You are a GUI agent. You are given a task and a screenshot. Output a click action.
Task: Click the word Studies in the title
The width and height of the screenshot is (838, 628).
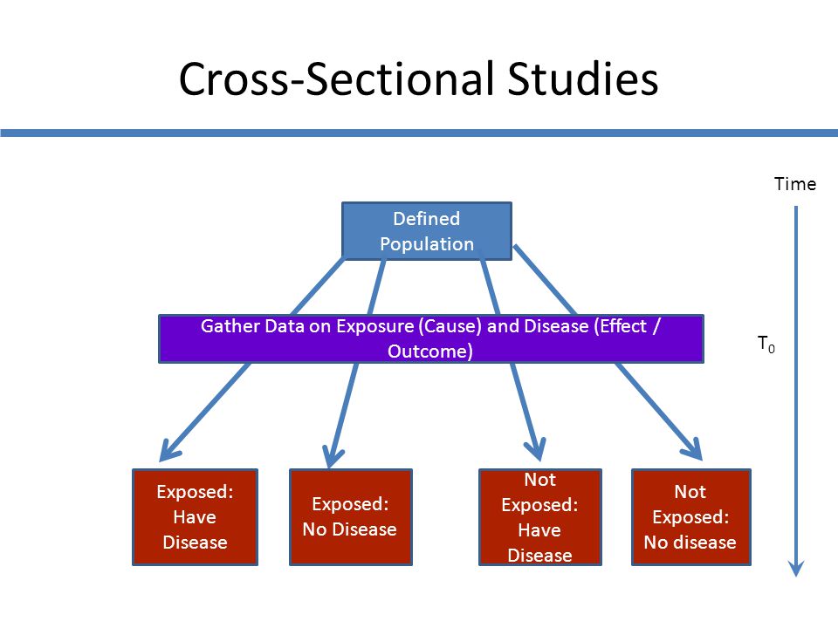tap(582, 79)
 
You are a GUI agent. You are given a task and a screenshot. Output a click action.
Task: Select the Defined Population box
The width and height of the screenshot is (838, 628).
tap(427, 231)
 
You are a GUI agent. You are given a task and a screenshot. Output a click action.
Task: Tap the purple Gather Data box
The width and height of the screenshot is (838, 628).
tap(430, 339)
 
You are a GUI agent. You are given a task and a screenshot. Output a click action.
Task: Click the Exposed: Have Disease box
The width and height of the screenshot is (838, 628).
tap(195, 517)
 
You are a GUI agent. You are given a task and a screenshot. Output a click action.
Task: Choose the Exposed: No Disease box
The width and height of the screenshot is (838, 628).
tap(351, 517)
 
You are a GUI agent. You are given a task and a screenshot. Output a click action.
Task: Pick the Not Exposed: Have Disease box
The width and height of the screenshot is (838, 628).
tap(539, 517)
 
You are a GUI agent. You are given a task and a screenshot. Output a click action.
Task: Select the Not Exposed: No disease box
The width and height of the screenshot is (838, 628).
tap(691, 517)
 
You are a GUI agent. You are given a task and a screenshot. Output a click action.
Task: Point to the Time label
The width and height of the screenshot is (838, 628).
tap(795, 184)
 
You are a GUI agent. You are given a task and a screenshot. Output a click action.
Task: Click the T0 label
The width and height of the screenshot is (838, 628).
tap(766, 344)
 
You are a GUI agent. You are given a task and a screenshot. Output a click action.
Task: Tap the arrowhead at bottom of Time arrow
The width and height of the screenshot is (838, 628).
tap(796, 570)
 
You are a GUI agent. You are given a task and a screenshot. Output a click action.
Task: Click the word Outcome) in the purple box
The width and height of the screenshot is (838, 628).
tap(430, 352)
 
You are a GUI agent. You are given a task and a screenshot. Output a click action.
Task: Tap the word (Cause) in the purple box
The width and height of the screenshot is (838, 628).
tap(450, 326)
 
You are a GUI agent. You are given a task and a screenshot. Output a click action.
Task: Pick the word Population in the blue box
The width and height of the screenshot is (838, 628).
tap(427, 244)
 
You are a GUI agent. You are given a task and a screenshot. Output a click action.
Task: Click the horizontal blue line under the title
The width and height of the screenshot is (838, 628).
tap(419, 133)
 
